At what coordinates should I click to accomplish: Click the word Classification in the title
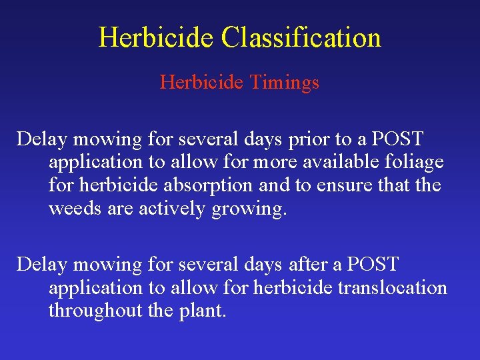tap(301, 37)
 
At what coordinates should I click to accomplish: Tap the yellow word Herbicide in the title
tap(157, 37)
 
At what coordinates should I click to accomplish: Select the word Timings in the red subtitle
tap(284, 82)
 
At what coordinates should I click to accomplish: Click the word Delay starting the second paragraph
tap(42, 264)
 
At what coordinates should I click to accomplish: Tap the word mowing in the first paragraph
tap(108, 139)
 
